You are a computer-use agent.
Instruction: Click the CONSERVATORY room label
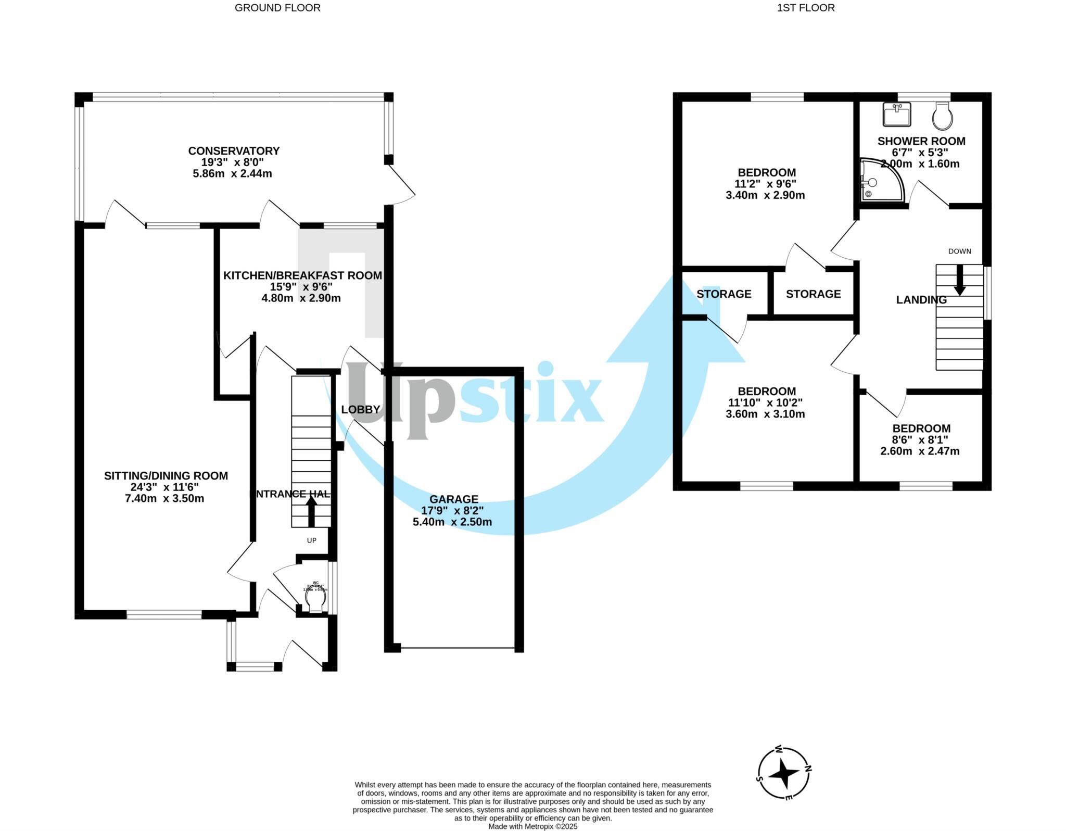pos(234,151)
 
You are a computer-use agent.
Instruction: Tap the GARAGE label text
pos(453,499)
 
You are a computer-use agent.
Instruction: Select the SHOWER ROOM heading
pos(921,141)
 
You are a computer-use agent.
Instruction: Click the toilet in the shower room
pos(943,116)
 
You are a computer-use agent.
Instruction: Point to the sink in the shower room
pos(897,115)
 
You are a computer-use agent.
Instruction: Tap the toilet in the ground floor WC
pos(315,601)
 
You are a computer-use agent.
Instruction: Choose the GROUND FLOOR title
pos(277,8)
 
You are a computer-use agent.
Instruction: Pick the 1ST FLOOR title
pos(806,8)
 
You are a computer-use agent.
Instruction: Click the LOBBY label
pos(361,410)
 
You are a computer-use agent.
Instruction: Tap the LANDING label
pos(921,300)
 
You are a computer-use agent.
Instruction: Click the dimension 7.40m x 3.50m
pos(164,499)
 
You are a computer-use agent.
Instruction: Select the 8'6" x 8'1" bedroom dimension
pos(921,440)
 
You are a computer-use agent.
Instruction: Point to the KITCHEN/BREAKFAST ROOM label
pos(302,275)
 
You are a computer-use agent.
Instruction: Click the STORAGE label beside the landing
pos(813,294)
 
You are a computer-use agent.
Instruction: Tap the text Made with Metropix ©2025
pos(532,826)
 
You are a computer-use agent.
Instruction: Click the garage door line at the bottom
pos(458,648)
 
